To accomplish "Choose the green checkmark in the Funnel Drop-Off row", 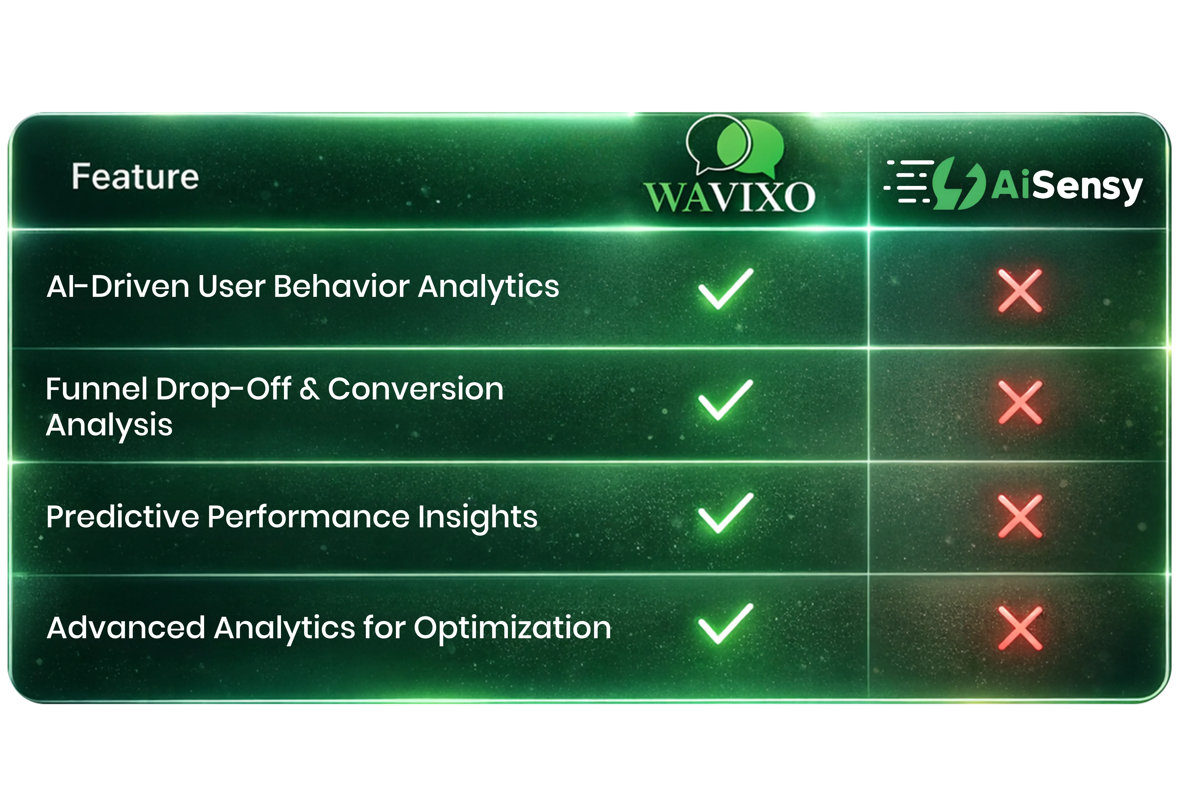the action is pyautogui.click(x=725, y=400).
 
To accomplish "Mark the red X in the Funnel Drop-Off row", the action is pyautogui.click(x=1020, y=402).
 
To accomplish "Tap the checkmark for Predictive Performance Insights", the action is pyautogui.click(x=725, y=513).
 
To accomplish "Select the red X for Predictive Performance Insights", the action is pyautogui.click(x=1020, y=516).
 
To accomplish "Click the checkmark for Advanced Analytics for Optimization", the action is pyautogui.click(x=725, y=624).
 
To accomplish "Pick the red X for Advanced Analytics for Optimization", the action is pyautogui.click(x=1020, y=628).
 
